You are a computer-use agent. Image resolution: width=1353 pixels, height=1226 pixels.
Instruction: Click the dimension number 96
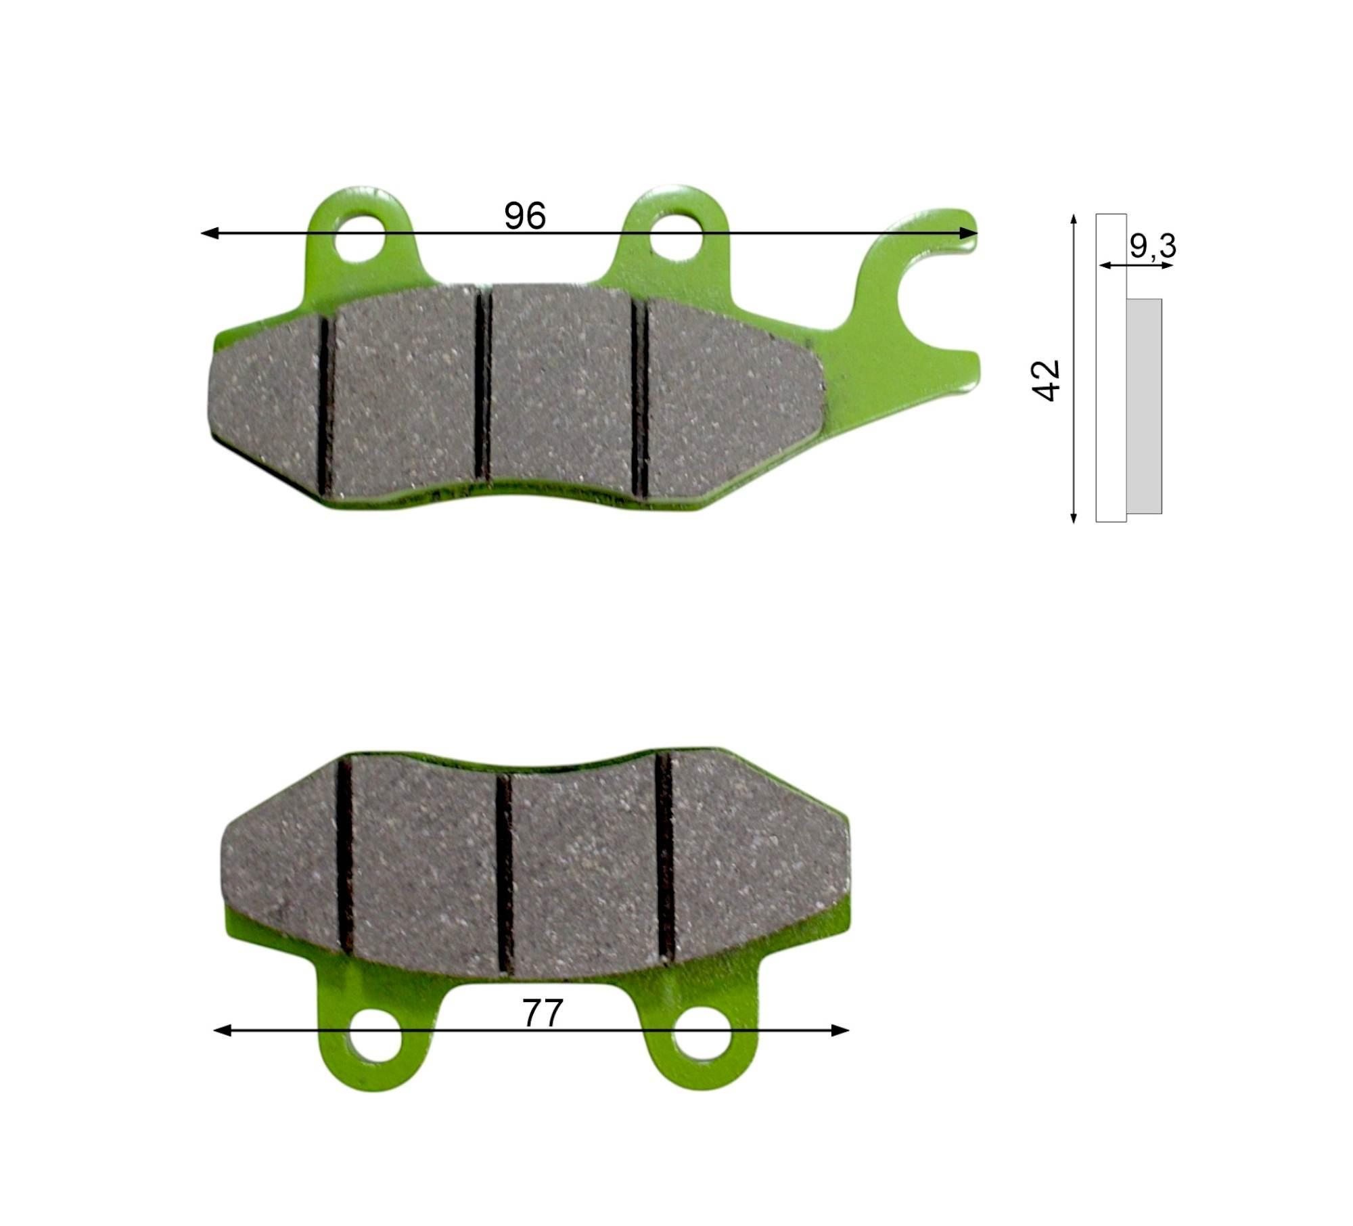coord(525,216)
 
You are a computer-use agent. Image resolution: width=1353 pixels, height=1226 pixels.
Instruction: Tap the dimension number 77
coord(543,1014)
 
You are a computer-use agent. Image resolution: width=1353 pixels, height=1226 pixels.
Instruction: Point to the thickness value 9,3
coord(1153,246)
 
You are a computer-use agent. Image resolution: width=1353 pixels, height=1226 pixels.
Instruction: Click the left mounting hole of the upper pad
coord(360,238)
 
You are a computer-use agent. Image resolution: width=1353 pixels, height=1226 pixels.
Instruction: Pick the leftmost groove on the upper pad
coord(325,406)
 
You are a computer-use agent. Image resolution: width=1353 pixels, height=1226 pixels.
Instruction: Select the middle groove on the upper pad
coord(482,385)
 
